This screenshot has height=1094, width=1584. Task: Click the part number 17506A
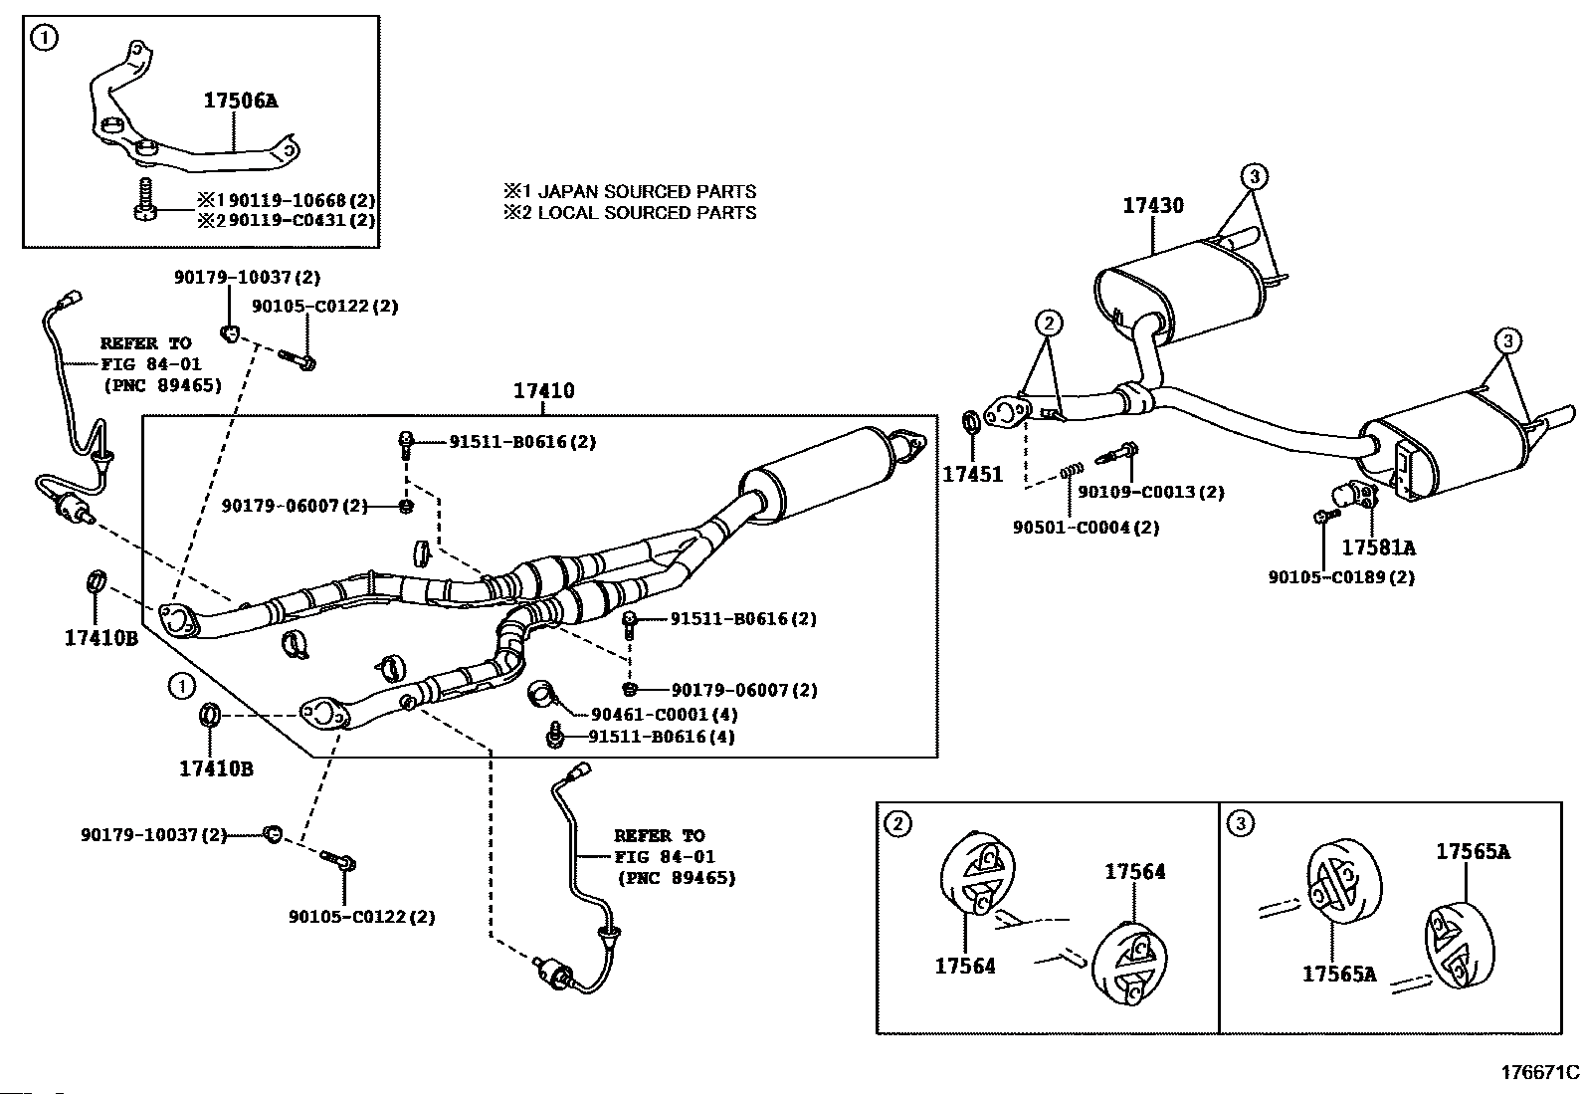(241, 101)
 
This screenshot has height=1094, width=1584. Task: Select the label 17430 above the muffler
(1152, 205)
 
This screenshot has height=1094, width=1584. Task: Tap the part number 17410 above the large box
(543, 390)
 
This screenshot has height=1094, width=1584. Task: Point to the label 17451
(972, 474)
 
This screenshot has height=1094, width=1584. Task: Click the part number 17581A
(1378, 547)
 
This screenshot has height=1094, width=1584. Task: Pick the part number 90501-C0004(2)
(1087, 528)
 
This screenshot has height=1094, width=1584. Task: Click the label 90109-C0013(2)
(1151, 492)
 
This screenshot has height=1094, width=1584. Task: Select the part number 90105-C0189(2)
(1341, 577)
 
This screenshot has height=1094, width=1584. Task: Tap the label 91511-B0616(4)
(662, 737)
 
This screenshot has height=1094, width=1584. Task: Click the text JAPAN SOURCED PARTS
(647, 191)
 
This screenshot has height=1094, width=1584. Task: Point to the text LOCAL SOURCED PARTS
(647, 212)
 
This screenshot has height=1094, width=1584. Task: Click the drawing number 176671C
(1540, 1073)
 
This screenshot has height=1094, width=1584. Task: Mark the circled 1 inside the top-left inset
(45, 38)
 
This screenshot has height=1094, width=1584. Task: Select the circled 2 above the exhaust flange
(1049, 324)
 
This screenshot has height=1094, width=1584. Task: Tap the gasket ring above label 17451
(972, 421)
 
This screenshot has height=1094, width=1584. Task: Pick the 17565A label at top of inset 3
(1473, 851)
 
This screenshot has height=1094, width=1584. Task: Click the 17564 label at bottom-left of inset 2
(965, 966)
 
